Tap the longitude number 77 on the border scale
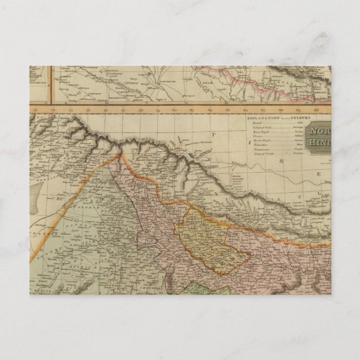tap(122, 110)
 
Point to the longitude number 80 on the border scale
tap(174, 110)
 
